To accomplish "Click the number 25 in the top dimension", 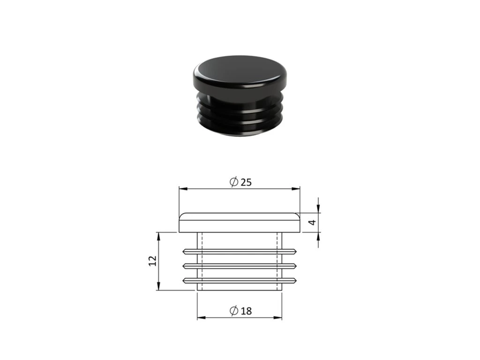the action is (x=246, y=182).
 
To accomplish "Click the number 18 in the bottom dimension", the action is (x=246, y=311).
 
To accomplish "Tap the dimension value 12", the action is (x=152, y=261).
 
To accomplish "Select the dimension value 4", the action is (x=312, y=222).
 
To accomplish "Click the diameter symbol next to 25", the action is (x=234, y=182).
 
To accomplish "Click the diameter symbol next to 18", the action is (x=234, y=311).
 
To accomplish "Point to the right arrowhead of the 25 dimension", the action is (x=296, y=188).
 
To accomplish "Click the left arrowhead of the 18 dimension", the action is (x=201, y=317).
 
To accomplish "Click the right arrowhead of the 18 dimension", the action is (x=278, y=317).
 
